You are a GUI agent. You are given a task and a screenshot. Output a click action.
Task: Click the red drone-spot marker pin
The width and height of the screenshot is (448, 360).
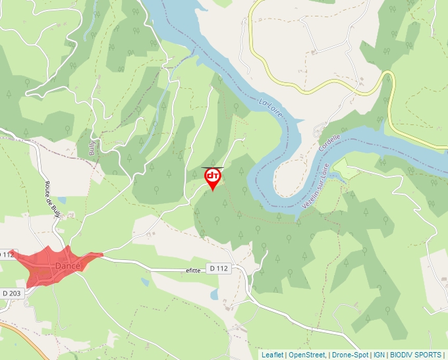[x=213, y=178]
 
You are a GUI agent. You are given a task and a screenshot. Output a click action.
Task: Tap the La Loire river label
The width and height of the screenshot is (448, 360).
[x=271, y=109]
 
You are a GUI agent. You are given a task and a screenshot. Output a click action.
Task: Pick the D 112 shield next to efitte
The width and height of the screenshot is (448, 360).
[x=219, y=269]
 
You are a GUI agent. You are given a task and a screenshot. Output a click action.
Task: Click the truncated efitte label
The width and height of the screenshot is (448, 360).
[x=192, y=270]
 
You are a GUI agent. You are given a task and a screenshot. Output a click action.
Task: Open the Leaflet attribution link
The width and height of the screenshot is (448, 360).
[x=272, y=355]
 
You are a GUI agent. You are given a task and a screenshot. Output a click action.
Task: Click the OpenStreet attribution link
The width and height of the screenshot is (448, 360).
[x=306, y=355]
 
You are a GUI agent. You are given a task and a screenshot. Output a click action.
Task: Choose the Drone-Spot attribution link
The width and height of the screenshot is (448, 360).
[x=350, y=355]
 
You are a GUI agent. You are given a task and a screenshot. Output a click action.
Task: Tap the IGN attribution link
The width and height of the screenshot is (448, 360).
[x=379, y=355]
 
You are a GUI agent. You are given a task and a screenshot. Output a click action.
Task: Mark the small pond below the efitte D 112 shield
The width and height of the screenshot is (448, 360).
[x=214, y=294]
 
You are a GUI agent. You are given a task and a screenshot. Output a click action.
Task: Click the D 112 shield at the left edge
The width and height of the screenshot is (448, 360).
[x=7, y=254]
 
